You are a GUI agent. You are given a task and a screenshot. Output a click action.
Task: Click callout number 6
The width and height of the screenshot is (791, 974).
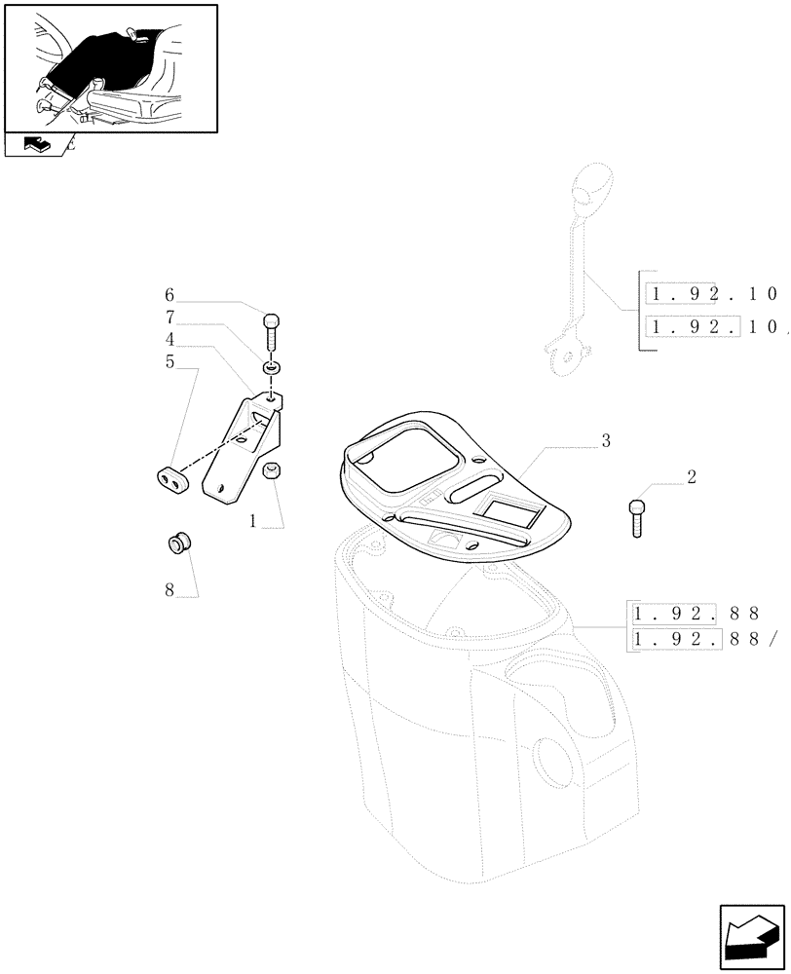[x=169, y=294]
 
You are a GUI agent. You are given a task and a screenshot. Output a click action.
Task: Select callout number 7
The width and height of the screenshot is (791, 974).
[x=169, y=317]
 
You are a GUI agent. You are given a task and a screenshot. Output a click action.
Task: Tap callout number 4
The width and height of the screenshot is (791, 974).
[x=169, y=339]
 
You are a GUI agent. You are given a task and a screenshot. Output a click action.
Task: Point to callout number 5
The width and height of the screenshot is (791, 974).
[x=169, y=362]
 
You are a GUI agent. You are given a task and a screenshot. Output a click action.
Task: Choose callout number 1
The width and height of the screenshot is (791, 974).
[x=252, y=521]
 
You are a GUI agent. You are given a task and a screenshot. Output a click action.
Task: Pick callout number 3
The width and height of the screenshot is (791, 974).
[x=605, y=441]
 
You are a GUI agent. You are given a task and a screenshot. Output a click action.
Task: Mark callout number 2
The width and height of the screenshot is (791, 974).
[x=691, y=477]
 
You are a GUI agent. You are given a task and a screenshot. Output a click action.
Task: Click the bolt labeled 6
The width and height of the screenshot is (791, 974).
[x=272, y=329]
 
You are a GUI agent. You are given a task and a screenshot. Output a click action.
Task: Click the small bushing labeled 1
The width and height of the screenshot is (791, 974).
[x=274, y=471]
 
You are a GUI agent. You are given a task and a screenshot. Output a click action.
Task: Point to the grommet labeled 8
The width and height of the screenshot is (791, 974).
[x=178, y=542]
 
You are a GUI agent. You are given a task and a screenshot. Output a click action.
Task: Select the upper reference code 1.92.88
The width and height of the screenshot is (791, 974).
[x=700, y=614]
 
